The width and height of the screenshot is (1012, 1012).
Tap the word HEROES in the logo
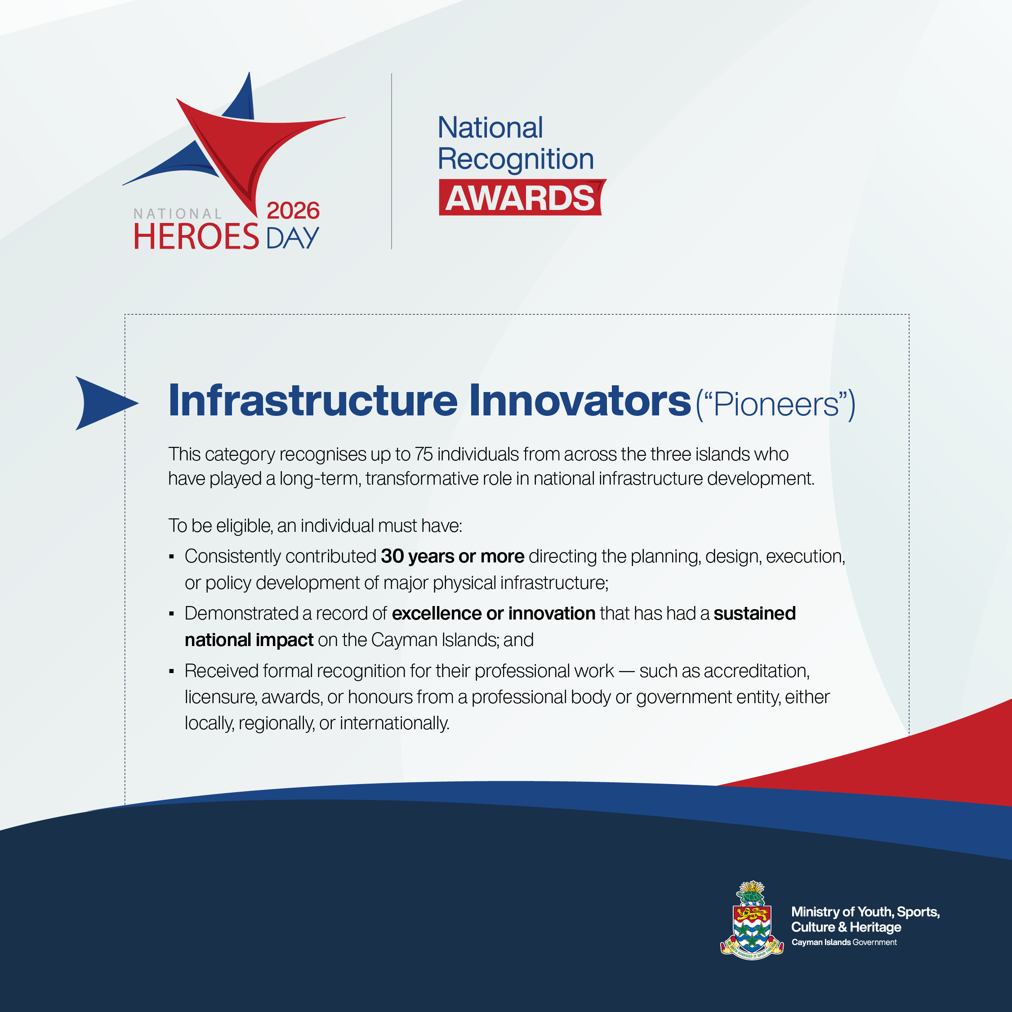[196, 236]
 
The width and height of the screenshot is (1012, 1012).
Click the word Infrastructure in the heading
[313, 401]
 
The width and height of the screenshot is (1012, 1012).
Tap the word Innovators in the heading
[580, 401]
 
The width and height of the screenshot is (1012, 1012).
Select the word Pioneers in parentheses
[776, 404]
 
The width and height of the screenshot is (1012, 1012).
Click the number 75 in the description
[424, 454]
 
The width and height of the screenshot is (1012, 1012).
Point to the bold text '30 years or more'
[453, 556]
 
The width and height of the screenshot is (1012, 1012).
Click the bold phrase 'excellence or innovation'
[494, 613]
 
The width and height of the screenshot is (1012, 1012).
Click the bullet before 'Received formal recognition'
[171, 672]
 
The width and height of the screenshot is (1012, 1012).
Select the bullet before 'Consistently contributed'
[171, 557]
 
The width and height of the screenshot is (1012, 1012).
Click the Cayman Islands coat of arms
[752, 920]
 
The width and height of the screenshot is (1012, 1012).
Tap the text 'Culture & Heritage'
[846, 927]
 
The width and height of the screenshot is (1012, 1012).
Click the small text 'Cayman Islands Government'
[844, 942]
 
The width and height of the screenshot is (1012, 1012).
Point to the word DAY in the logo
[292, 238]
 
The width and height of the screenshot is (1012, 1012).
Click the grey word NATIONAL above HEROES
[178, 214]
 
